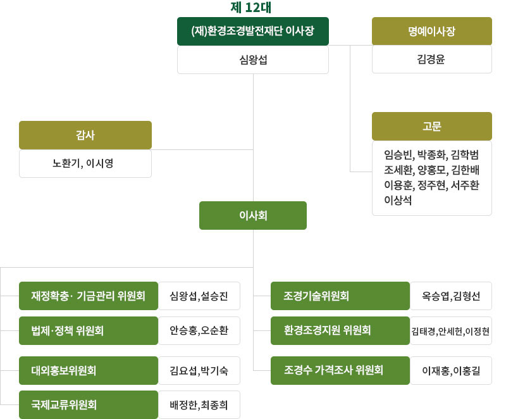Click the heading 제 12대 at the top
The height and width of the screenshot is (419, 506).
(x=252, y=8)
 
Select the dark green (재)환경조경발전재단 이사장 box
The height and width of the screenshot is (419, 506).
(x=252, y=31)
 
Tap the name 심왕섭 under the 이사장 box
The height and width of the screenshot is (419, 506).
(x=252, y=60)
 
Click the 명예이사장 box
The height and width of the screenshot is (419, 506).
(x=431, y=31)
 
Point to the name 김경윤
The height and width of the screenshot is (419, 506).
(x=431, y=60)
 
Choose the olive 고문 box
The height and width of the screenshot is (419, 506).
(x=431, y=126)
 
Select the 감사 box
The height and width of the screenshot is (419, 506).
(x=85, y=135)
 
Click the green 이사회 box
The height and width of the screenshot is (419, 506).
(x=252, y=215)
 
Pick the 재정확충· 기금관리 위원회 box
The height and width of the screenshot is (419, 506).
(x=89, y=296)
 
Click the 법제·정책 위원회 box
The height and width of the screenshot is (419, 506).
(x=89, y=330)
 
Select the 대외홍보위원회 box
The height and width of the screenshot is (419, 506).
(x=89, y=370)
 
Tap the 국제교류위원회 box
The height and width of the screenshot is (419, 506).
(x=89, y=404)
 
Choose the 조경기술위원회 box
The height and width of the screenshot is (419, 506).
(x=340, y=296)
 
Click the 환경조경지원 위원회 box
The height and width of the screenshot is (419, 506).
(x=340, y=330)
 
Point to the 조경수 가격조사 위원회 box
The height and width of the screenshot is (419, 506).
(x=340, y=370)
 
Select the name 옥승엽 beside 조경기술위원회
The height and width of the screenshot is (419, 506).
(x=437, y=296)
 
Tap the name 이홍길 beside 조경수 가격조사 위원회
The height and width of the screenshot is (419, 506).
(x=467, y=371)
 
